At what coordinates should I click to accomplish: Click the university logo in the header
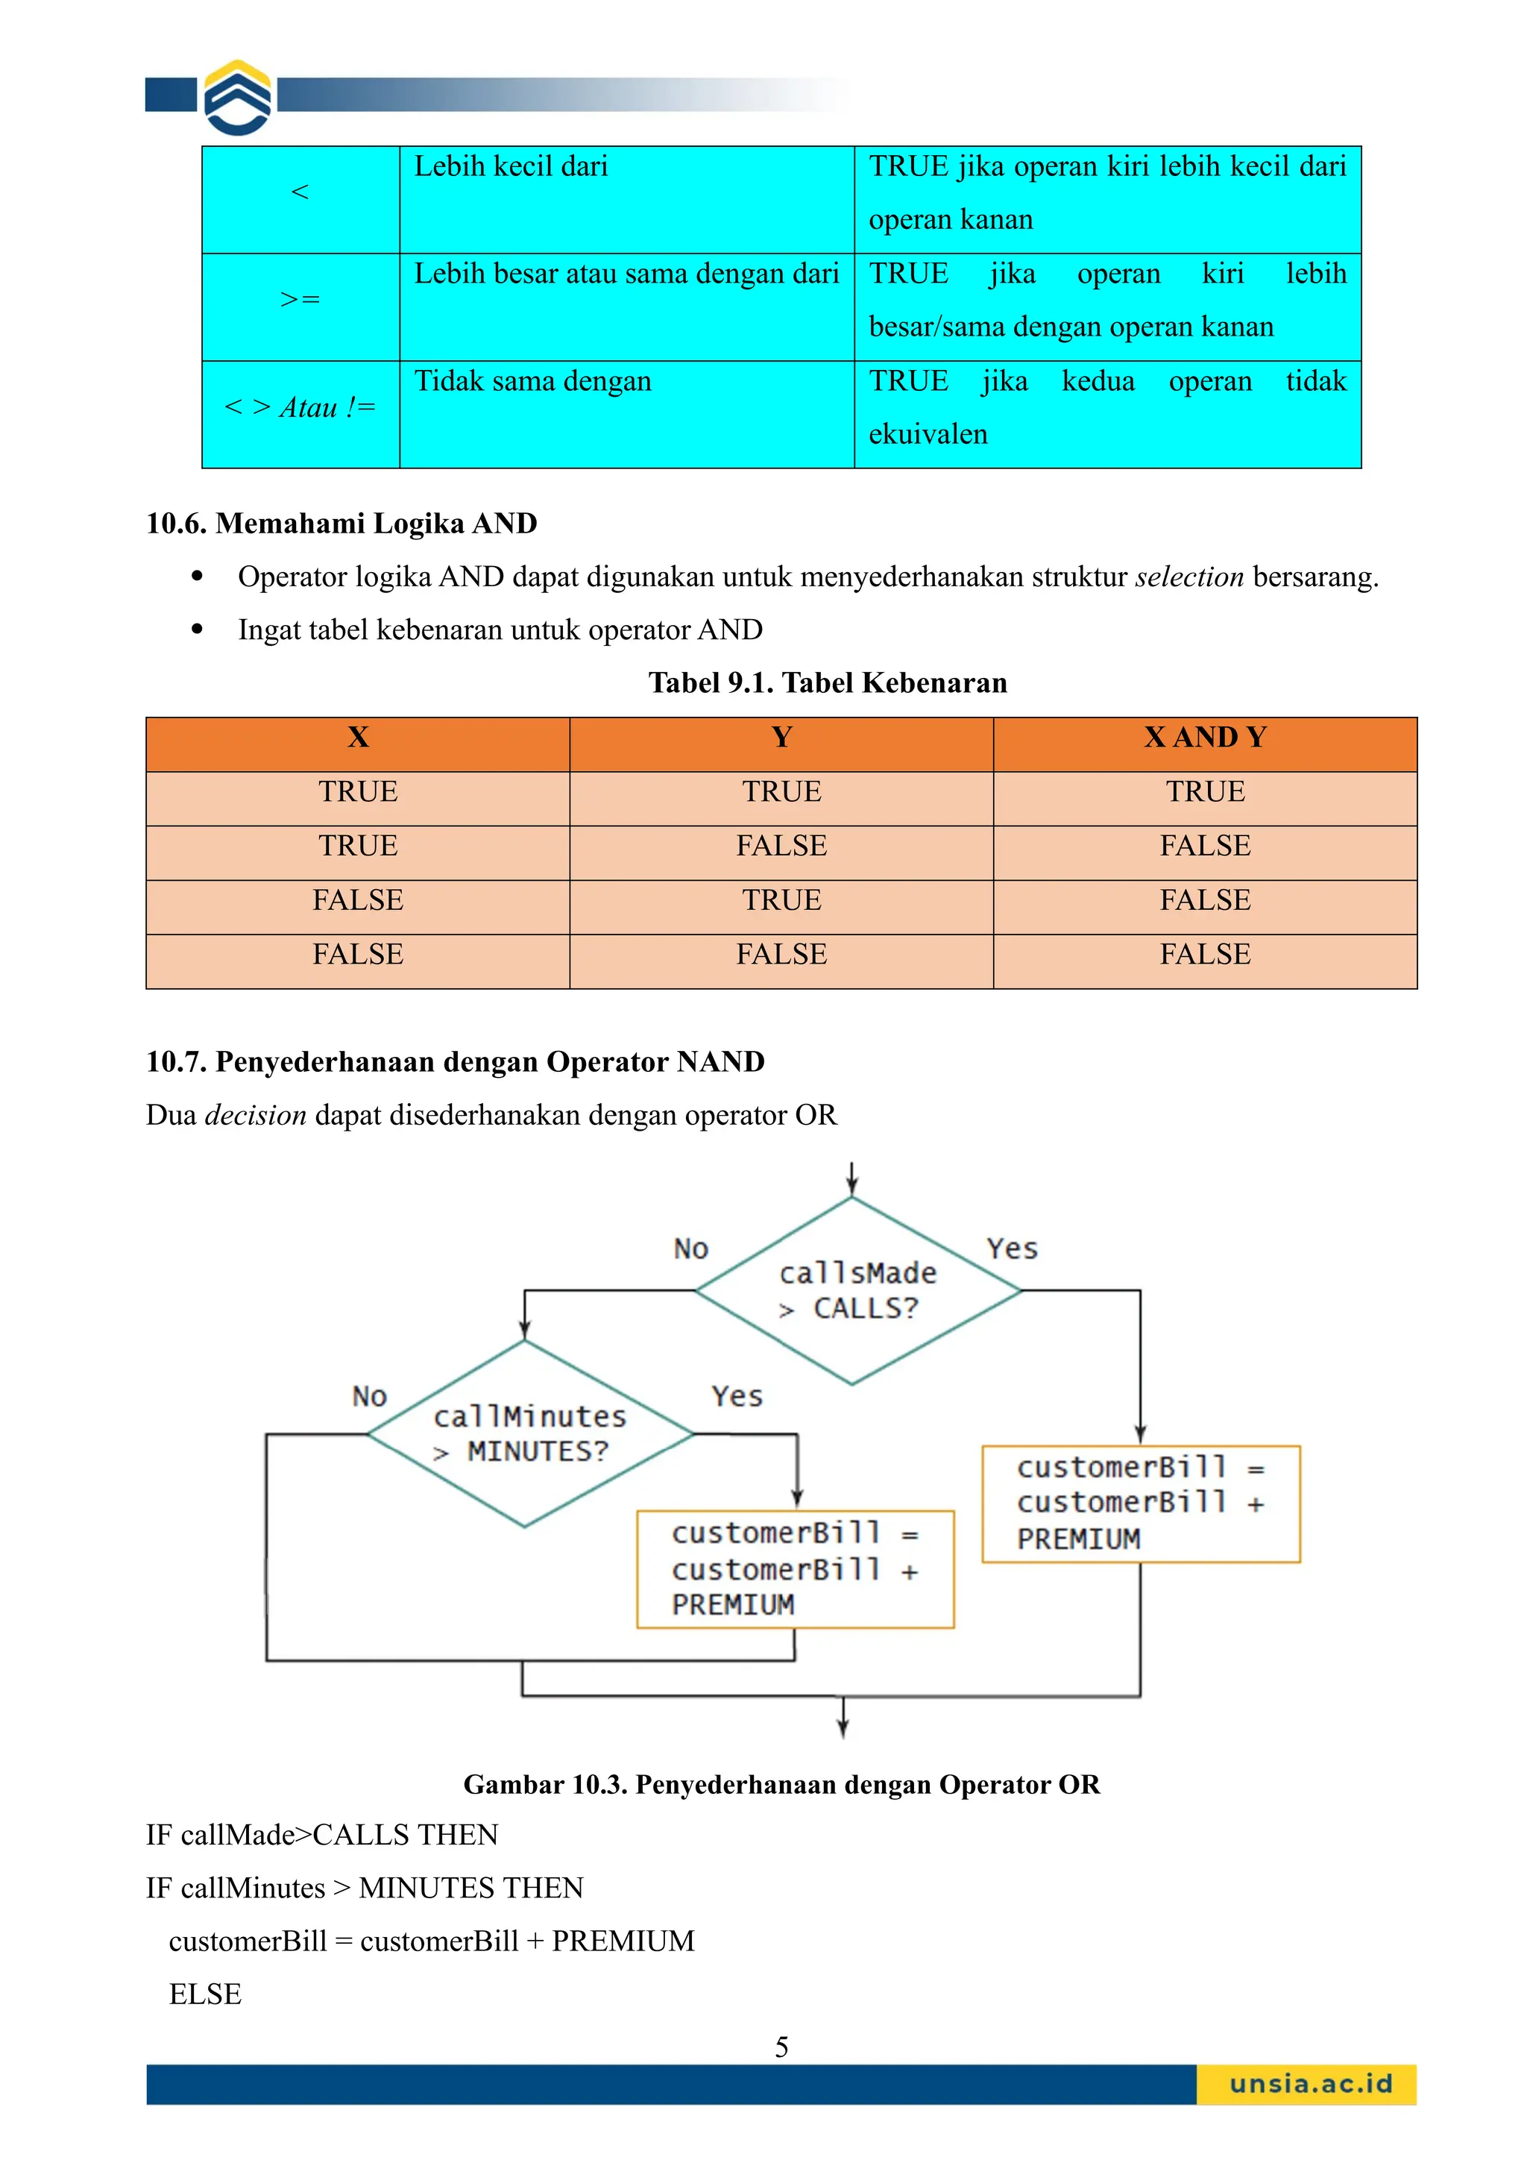(x=238, y=98)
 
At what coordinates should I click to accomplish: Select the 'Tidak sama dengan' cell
(x=532, y=382)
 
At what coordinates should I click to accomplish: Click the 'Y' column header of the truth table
(x=781, y=738)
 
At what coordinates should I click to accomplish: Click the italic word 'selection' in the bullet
(x=1188, y=577)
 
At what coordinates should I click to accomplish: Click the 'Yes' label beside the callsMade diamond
(x=1012, y=1249)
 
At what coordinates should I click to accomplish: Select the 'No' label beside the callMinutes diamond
(x=370, y=1396)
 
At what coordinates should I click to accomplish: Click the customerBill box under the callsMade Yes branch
(x=1141, y=1504)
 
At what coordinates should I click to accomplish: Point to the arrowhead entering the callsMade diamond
(x=852, y=1187)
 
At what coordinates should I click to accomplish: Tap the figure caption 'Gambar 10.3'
(x=781, y=1785)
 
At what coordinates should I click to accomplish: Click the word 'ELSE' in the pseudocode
(x=205, y=1994)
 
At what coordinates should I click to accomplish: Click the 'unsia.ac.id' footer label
(x=1310, y=2084)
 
